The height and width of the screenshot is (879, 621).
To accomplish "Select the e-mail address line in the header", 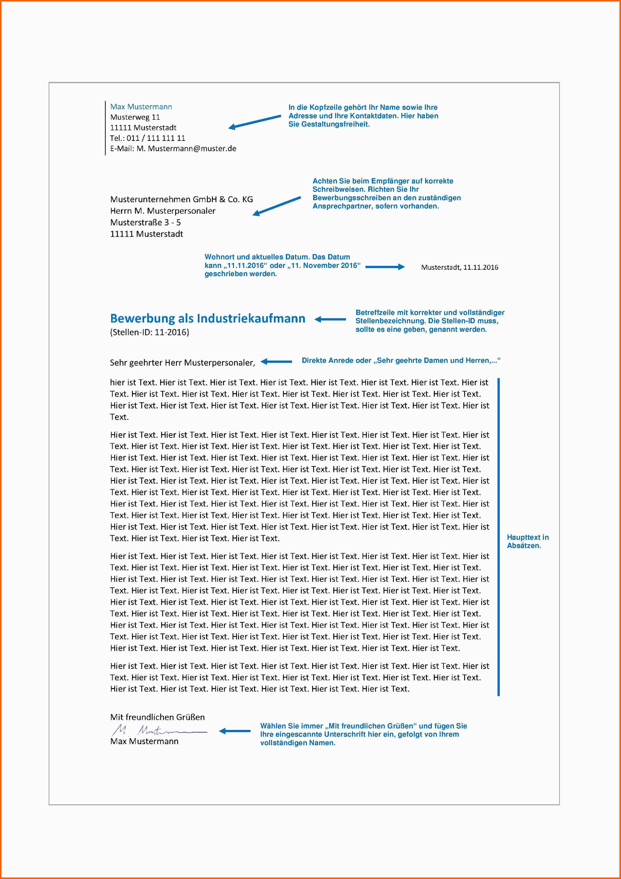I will [173, 149].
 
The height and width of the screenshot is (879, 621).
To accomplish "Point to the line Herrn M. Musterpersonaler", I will [163, 211].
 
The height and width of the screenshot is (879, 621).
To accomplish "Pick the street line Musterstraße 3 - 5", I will [145, 223].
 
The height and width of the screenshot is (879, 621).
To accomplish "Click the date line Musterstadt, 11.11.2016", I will [459, 267].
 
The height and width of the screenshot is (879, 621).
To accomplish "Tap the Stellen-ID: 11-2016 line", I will [150, 332].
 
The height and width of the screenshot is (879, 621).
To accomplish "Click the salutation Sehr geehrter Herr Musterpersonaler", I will [182, 363].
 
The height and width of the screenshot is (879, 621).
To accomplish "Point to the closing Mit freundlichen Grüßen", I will [157, 717].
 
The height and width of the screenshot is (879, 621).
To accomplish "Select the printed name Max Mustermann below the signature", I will [144, 741].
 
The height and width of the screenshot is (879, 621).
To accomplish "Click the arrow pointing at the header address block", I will [255, 121].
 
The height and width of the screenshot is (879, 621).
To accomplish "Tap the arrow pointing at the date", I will [385, 267].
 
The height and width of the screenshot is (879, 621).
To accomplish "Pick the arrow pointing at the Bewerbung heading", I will [330, 319].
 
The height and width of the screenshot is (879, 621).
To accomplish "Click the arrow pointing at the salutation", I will [276, 361].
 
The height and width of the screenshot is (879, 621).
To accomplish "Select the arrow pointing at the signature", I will [234, 731].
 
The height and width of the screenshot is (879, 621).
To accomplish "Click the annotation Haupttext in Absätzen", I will [527, 541].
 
